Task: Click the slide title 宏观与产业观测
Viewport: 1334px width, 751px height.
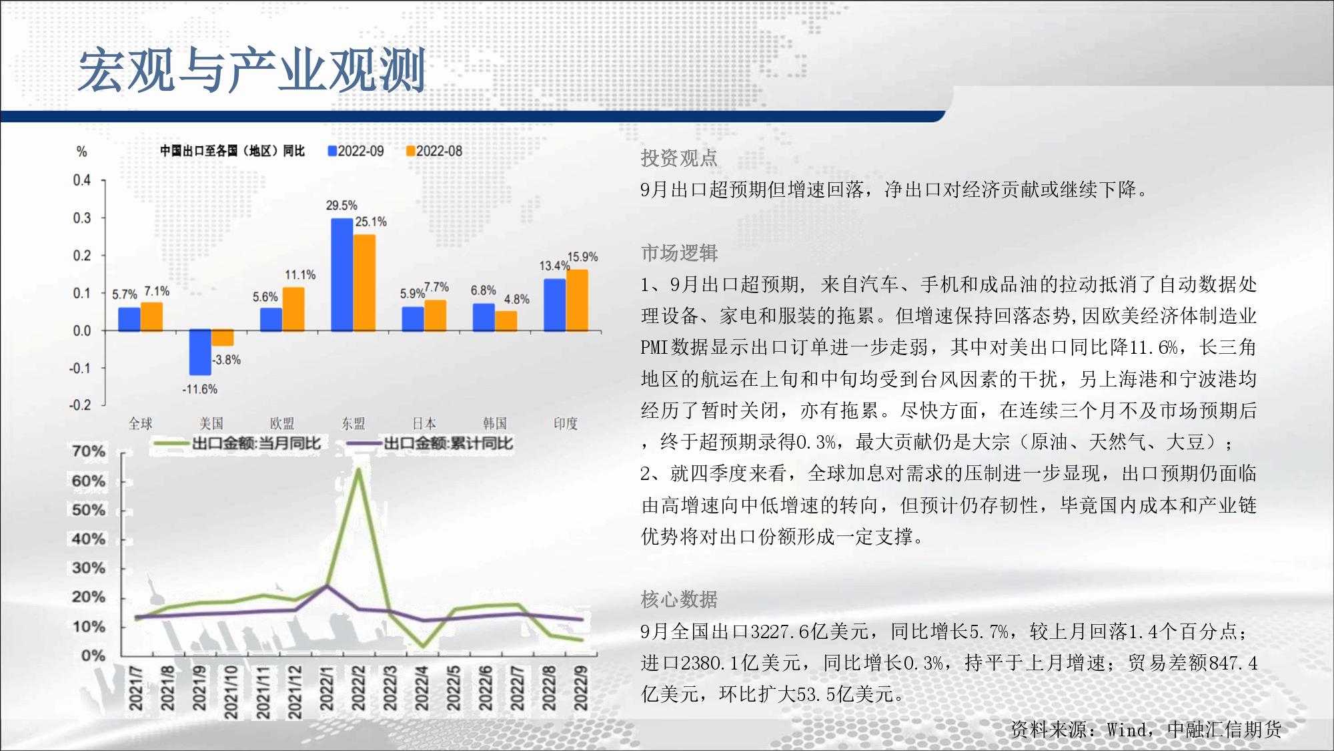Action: [x=252, y=70]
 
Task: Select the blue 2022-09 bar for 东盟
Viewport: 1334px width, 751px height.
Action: [x=342, y=274]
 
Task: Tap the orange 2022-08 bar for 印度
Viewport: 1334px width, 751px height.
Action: [x=577, y=300]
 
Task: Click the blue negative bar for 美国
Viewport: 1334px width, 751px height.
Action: [x=200, y=352]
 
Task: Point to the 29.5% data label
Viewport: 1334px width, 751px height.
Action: [x=342, y=206]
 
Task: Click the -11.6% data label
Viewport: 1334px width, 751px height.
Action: [x=200, y=389]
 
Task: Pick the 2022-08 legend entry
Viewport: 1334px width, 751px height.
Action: [x=434, y=152]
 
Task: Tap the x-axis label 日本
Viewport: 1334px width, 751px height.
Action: [x=424, y=423]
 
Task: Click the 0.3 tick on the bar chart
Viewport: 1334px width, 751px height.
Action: [x=82, y=218]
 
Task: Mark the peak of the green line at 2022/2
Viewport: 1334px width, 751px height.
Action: [x=358, y=470]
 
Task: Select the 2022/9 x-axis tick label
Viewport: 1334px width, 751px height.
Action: [x=581, y=688]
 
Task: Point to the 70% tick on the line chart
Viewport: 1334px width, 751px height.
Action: [x=89, y=452]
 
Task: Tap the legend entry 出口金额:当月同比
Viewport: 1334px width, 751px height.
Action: [x=237, y=443]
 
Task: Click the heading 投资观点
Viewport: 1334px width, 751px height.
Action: [x=679, y=158]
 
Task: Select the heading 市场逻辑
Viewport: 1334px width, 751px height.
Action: [x=679, y=253]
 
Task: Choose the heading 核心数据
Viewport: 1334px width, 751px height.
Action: [x=679, y=599]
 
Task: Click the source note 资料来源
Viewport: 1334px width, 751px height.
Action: [x=1146, y=730]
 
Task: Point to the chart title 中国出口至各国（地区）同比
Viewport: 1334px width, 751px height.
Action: [x=232, y=151]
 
